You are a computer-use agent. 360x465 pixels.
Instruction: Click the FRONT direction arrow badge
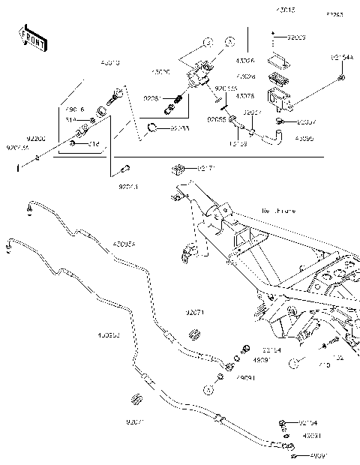(x=32, y=38)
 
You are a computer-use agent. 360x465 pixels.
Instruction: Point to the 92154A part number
(x=341, y=57)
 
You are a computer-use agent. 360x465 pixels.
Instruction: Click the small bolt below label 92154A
(x=342, y=77)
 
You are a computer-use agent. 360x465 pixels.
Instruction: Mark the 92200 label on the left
(x=15, y=139)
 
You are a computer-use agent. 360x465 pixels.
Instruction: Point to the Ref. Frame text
(x=278, y=211)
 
